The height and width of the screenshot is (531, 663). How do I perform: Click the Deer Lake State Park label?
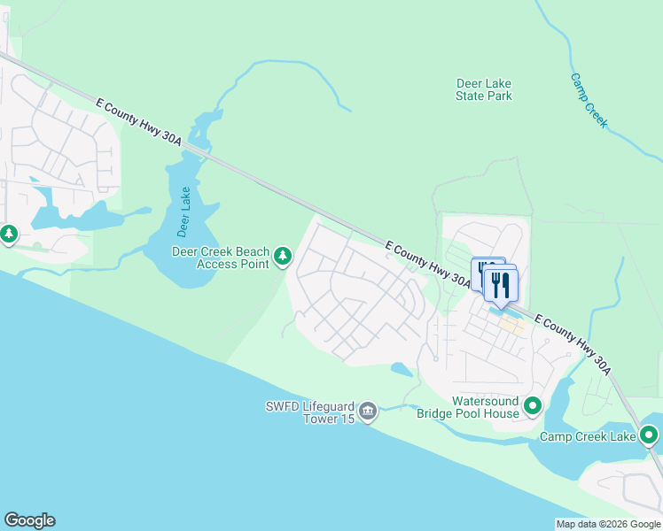pos(483,89)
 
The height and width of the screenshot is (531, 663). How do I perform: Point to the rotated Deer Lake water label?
pos(183,212)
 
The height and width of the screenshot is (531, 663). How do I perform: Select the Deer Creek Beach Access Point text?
pos(221,257)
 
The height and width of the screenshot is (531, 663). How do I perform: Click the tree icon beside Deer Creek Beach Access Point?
pos(283,257)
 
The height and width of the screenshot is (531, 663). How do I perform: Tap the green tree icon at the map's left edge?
pos(8,235)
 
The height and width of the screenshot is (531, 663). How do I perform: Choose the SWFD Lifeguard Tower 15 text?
pos(316,412)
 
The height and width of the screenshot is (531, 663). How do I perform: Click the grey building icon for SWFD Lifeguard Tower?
pos(369,412)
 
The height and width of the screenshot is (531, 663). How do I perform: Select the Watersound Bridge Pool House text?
pos(485,407)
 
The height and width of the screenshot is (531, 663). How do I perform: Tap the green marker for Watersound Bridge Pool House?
pos(533,406)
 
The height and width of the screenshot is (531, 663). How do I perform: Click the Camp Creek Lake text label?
pos(588,436)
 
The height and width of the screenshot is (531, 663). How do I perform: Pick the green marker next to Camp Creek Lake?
pos(649,435)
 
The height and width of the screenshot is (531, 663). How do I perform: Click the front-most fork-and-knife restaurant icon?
pos(501,285)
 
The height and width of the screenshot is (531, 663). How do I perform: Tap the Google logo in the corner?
pos(29,520)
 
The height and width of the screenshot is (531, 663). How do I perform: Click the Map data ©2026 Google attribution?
pos(607,524)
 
